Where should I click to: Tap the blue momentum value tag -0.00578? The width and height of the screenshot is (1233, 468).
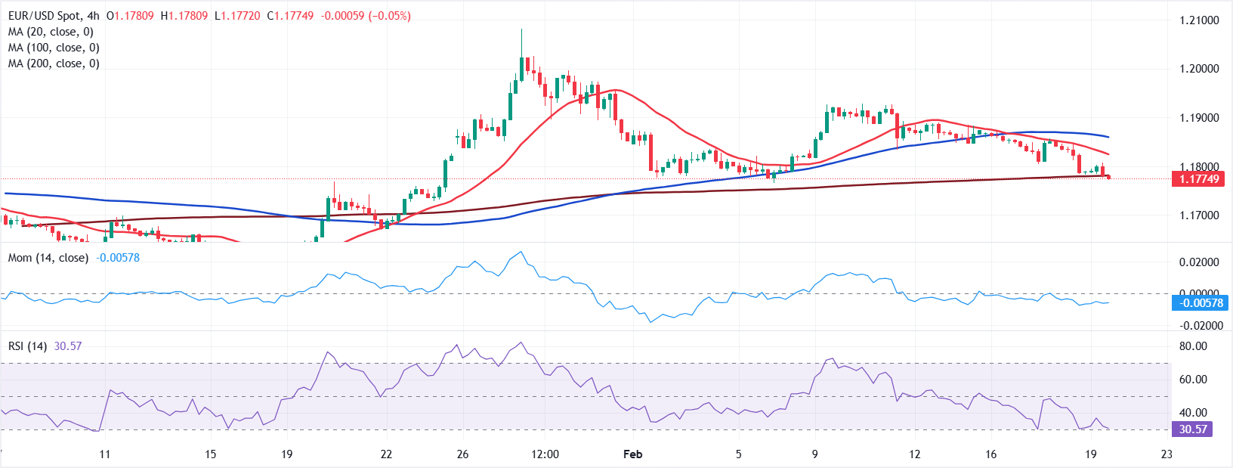(x=1199, y=303)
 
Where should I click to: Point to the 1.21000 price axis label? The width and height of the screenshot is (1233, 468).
(x=1199, y=20)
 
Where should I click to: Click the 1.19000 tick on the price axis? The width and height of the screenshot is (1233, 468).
(x=1199, y=118)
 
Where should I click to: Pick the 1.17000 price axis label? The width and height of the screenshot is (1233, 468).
(x=1199, y=215)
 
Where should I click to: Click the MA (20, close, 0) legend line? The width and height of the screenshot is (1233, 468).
(x=51, y=32)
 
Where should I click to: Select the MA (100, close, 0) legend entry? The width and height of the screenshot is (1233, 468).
(x=54, y=48)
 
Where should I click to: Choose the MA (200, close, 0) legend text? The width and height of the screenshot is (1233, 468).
(x=54, y=64)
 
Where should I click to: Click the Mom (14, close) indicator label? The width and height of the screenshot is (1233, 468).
(x=48, y=258)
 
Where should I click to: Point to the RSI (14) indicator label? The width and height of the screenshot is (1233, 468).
(x=28, y=346)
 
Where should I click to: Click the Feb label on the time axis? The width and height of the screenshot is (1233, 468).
(x=632, y=454)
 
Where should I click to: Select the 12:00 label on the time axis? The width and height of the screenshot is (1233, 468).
(x=545, y=454)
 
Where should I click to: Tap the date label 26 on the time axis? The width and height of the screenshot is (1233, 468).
(x=462, y=454)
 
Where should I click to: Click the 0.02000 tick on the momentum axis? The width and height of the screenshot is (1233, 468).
(x=1199, y=262)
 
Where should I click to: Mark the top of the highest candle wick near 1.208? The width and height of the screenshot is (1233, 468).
(x=521, y=30)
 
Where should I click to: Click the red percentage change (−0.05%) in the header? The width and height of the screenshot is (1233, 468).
(x=389, y=16)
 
